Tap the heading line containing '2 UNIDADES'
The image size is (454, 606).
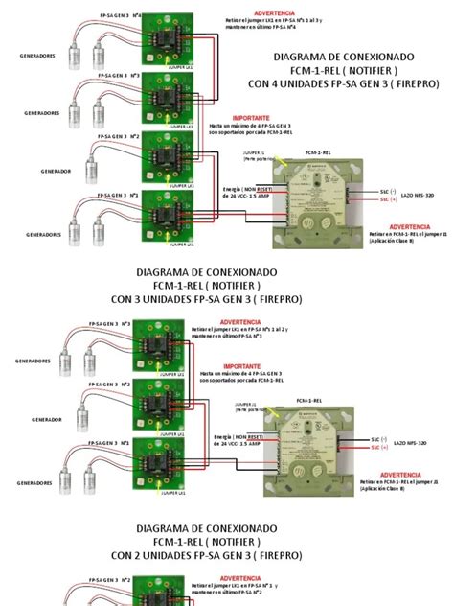pyautogui.click(x=207, y=554)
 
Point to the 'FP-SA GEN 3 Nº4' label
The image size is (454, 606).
pyautogui.click(x=122, y=16)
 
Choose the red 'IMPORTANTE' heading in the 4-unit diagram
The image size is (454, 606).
pyautogui.click(x=251, y=118)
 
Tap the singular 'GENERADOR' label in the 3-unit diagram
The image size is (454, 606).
pyautogui.click(x=48, y=420)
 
